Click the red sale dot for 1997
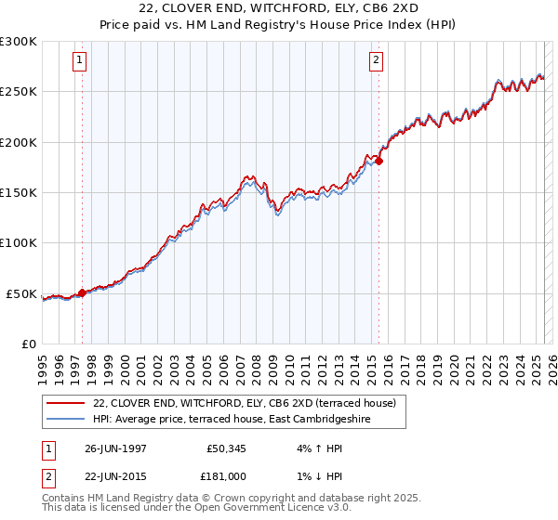coord(82,292)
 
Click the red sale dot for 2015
coord(379,161)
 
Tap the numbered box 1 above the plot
coord(79,61)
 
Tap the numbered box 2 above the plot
coord(376,61)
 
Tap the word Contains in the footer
coord(65,499)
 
